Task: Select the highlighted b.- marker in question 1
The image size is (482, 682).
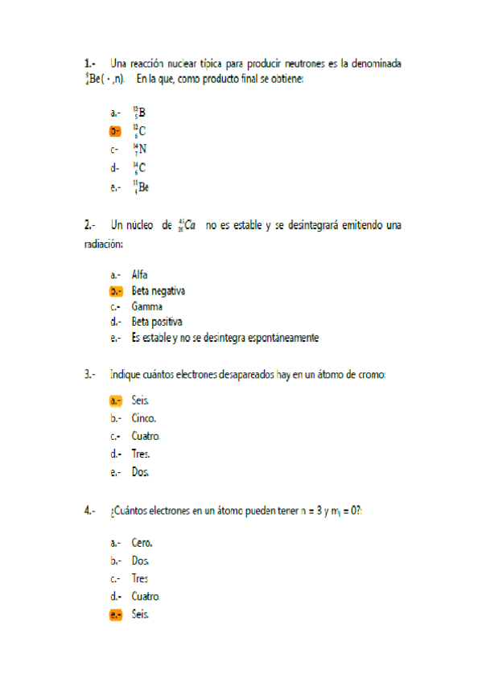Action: point(116,130)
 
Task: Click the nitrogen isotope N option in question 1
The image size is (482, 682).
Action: point(139,149)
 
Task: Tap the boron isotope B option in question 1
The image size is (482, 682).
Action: point(139,113)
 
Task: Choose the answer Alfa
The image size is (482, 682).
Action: point(139,274)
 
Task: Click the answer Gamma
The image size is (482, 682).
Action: point(147,306)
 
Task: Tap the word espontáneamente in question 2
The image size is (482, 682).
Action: point(281,338)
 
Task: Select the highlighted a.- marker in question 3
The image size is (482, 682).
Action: point(116,401)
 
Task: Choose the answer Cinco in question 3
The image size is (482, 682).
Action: point(144,418)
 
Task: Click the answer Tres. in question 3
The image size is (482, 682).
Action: point(141,454)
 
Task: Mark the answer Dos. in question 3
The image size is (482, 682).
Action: point(141,472)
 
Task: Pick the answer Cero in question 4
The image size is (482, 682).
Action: point(142,543)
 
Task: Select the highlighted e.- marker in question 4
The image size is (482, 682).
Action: point(116,614)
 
